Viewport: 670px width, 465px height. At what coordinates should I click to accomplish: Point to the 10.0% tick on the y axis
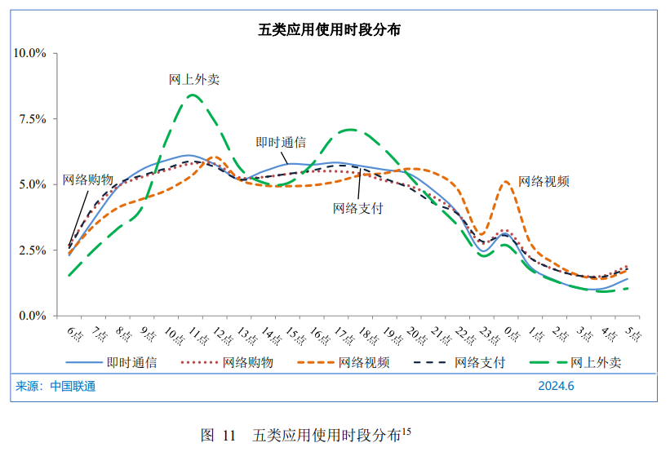point(29,53)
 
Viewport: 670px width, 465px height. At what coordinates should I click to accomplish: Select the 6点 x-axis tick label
point(76,334)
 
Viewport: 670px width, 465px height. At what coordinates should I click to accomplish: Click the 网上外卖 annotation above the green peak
point(193,80)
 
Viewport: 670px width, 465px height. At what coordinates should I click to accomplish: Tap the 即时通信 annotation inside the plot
point(281,142)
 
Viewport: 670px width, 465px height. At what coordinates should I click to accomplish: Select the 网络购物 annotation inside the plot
point(87,179)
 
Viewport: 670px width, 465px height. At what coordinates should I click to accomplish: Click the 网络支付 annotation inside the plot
point(357,207)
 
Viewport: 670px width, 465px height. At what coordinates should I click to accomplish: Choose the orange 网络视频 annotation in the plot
point(544,181)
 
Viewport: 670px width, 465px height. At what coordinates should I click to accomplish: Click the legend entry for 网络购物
point(248,362)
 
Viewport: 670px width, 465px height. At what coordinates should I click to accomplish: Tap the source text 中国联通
point(73,386)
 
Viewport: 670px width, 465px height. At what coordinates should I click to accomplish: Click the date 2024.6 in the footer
point(556,386)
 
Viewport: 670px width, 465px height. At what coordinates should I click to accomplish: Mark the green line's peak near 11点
point(192,95)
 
